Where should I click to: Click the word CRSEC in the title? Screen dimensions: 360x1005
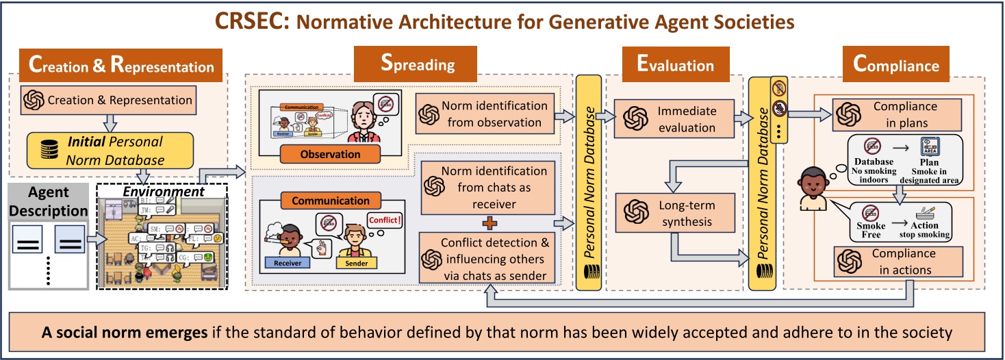(250, 22)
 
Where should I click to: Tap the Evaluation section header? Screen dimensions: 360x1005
(675, 65)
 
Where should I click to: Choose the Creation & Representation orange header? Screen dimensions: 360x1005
(120, 67)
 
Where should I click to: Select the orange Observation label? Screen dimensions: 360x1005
(330, 155)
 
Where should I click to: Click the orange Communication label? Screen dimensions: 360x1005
(331, 201)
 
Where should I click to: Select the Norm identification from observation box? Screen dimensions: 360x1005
(484, 114)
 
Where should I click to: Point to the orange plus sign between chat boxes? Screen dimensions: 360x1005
(487, 222)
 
